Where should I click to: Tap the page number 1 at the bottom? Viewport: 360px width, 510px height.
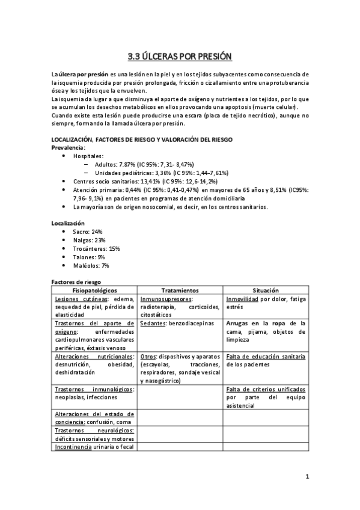307,478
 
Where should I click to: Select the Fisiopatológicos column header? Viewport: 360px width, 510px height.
94,290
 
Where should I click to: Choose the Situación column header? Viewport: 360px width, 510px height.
266,290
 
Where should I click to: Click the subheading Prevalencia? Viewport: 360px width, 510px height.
68,147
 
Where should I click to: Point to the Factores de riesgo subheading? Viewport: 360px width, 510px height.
76,281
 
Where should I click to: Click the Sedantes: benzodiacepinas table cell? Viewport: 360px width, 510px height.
177,323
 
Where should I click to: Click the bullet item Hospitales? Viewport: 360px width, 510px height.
88,156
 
